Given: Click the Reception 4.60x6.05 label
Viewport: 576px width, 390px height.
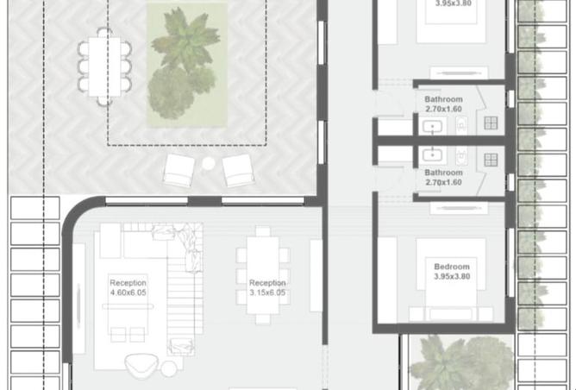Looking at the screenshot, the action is (128, 287).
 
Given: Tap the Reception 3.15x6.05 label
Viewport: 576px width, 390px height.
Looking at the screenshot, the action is (267, 287).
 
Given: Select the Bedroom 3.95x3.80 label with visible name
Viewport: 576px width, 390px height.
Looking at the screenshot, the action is (452, 272).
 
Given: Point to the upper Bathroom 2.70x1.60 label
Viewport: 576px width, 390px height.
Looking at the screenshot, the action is (443, 104).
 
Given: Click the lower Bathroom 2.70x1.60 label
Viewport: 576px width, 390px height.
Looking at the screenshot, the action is (443, 177).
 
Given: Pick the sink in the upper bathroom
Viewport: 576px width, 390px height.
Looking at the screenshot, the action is (432, 127).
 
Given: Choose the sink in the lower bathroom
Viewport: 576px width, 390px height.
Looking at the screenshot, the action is (432, 154).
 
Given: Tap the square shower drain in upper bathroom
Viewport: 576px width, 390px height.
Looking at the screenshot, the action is (491, 123).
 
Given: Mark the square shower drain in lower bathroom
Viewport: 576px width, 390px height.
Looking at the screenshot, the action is (491, 160).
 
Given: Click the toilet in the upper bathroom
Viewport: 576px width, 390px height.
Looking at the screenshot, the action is (461, 125).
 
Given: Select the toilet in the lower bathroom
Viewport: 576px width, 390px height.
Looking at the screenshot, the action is (461, 156).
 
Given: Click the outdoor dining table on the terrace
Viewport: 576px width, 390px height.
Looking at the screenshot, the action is (104, 66).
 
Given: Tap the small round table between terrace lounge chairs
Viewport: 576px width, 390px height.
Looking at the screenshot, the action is (209, 164).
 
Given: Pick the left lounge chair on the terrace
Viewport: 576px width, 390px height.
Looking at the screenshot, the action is (178, 170).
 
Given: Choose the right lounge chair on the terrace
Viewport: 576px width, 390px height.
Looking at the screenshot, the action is (238, 170).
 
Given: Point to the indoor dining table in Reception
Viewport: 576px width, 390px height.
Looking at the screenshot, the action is (263, 275).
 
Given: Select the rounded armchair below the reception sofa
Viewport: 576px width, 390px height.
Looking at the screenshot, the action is (141, 365).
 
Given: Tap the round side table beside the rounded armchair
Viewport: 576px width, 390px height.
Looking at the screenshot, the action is (169, 368).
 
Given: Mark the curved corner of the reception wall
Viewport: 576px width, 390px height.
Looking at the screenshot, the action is (75, 211).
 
